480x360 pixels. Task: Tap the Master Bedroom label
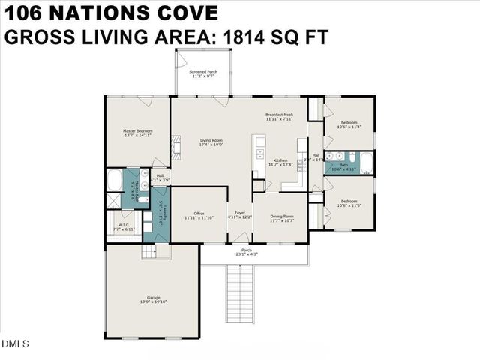[x=138, y=133]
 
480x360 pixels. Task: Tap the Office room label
[x=199, y=216]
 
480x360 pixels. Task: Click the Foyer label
[x=240, y=216]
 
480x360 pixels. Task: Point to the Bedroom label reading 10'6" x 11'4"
[x=349, y=124]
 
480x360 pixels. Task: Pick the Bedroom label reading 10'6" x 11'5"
[x=349, y=203]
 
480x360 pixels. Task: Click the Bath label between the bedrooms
[x=343, y=166]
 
